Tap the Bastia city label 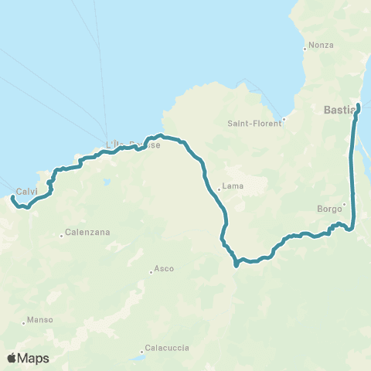(339, 111)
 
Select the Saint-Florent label (253, 123)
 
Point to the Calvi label (27, 192)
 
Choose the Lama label (233, 186)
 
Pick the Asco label (164, 269)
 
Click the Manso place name (39, 320)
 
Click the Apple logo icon (12, 358)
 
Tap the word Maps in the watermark (34, 358)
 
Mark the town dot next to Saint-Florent (284, 119)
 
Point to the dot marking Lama (219, 187)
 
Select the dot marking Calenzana (62, 235)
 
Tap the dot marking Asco (151, 271)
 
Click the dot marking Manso (24, 322)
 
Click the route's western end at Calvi (12, 198)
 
